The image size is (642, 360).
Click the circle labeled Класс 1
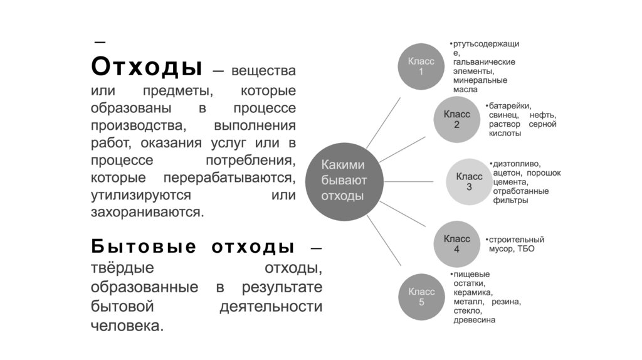pyautogui.click(x=421, y=66)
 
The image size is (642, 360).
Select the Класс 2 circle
pyautogui.click(x=456, y=119)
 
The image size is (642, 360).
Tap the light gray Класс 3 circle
pyautogui.click(x=468, y=181)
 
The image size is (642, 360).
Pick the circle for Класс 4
pyautogui.click(x=456, y=243)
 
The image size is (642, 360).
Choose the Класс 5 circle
pyautogui.click(x=421, y=296)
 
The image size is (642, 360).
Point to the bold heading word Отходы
pyautogui.click(x=147, y=66)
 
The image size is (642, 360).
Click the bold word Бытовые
pyautogui.click(x=144, y=246)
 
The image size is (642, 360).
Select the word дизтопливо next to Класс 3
pyautogui.click(x=517, y=164)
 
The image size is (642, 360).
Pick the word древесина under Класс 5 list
pyautogui.click(x=475, y=320)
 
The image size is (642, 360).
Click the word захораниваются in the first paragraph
pyautogui.click(x=147, y=212)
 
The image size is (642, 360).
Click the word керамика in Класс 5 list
pyautogui.click(x=473, y=292)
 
